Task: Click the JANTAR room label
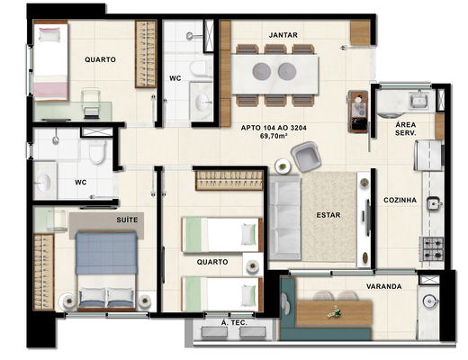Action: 283,35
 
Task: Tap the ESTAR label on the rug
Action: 327,215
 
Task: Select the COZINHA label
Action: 400,200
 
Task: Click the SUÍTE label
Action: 126,219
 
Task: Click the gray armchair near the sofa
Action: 305,159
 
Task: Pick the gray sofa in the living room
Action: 284,217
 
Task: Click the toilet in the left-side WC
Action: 95,157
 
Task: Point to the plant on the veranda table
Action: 335,311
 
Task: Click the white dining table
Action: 275,71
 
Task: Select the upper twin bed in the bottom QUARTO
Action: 220,235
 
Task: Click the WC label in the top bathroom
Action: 175,78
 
